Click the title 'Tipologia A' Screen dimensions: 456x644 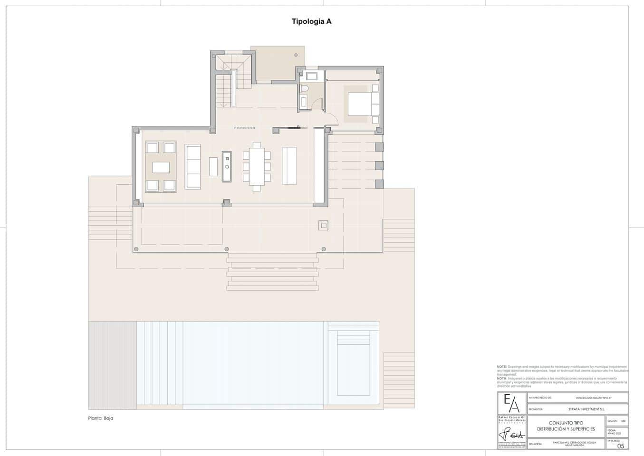click(x=311, y=21)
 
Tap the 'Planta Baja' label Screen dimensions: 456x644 click(x=101, y=418)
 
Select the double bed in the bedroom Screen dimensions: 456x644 click(x=361, y=104)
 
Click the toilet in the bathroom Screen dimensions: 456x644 click(x=305, y=89)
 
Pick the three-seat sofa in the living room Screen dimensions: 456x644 click(x=193, y=166)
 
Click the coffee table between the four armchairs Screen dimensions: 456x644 click(x=161, y=167)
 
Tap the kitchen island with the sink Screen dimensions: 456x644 click(x=227, y=166)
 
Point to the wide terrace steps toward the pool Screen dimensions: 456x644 click(x=272, y=272)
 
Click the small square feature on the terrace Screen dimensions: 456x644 click(x=323, y=226)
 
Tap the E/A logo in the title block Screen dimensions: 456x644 click(x=512, y=403)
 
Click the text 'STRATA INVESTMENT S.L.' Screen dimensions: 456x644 click(x=586, y=409)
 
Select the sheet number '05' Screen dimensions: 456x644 click(x=621, y=446)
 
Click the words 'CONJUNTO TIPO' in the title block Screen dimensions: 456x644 click(x=566, y=423)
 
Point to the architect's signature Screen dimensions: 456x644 click(x=511, y=435)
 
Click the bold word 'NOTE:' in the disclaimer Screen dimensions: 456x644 click(x=501, y=367)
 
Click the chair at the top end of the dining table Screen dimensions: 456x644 click(x=257, y=144)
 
